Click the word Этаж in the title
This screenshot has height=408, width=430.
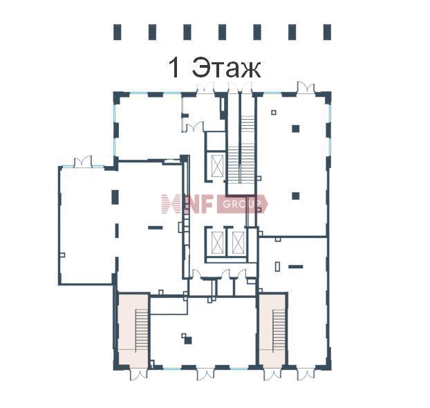point(226,68)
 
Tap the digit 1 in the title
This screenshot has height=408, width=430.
point(175,68)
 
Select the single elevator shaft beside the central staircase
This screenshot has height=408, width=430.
point(218,166)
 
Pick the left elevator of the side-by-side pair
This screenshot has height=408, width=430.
point(218,243)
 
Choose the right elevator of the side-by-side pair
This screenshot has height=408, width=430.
point(238,243)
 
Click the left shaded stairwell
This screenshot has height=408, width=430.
point(133,331)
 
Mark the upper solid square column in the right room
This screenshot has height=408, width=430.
point(295,129)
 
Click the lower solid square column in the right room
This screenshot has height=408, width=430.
point(295,196)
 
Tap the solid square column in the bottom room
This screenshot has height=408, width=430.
point(188,340)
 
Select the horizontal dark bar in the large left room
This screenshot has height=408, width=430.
point(156,228)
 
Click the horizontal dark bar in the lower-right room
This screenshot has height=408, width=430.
point(296,266)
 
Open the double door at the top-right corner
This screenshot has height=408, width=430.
point(306,88)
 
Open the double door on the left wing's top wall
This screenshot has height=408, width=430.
point(83,161)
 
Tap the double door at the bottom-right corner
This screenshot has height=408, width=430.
point(306,374)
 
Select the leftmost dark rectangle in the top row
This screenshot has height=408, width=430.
point(117,32)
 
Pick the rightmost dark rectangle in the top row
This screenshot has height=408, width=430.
point(327,32)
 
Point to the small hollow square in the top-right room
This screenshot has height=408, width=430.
point(274,112)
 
